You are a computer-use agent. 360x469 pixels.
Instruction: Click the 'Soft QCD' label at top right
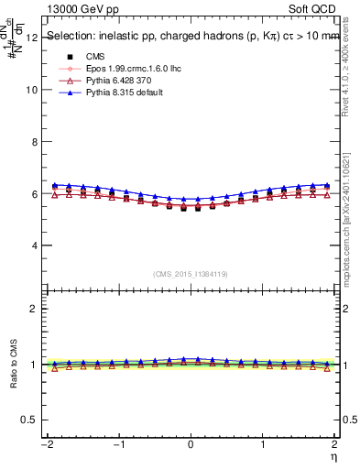click(x=312, y=7)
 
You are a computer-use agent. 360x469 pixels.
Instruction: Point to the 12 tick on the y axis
click(x=32, y=38)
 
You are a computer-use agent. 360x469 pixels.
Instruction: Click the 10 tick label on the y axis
click(x=32, y=90)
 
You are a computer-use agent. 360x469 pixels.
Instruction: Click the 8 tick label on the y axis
click(x=35, y=142)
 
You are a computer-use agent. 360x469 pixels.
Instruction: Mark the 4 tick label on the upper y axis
click(x=35, y=245)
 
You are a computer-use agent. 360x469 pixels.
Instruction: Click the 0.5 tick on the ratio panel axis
click(x=30, y=420)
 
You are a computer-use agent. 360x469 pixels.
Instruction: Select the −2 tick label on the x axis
click(x=45, y=444)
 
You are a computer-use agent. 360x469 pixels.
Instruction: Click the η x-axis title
click(x=333, y=455)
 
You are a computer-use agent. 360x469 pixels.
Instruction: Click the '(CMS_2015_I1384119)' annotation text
click(x=191, y=273)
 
